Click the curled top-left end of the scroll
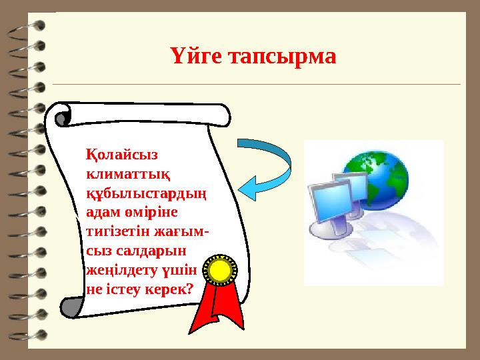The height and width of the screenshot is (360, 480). tap(63, 117)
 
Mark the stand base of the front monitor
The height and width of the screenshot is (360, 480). tap(327, 231)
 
